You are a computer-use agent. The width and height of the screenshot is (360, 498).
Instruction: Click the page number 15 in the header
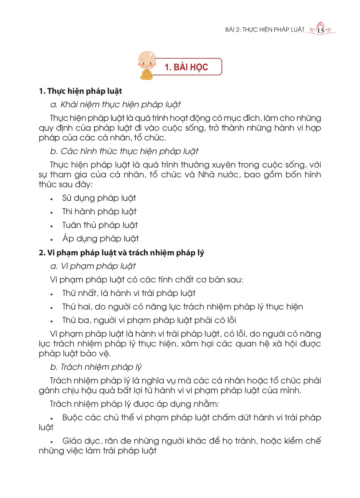[x=321, y=31]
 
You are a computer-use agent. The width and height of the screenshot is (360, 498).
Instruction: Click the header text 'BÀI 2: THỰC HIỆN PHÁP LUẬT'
[x=264, y=30]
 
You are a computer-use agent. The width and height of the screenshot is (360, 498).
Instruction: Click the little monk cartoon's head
[x=147, y=60]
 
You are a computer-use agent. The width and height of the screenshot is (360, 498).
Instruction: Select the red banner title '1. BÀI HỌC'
[x=186, y=67]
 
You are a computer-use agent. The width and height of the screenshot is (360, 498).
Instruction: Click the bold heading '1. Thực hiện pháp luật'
[x=80, y=91]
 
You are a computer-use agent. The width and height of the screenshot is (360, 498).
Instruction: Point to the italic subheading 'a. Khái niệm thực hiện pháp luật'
[x=116, y=104]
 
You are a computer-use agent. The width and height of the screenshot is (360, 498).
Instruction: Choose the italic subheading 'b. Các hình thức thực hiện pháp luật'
[x=124, y=151]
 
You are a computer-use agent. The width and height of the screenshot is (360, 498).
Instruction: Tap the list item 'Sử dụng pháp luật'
[x=99, y=198]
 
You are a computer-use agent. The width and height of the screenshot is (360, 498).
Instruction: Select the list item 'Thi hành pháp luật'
[x=99, y=212]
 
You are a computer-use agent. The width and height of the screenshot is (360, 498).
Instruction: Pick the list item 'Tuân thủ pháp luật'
[x=100, y=225]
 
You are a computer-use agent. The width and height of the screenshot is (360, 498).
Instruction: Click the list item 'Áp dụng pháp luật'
[x=101, y=239]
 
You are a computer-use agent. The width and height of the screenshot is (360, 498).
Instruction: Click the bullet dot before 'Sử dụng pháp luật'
[x=51, y=199]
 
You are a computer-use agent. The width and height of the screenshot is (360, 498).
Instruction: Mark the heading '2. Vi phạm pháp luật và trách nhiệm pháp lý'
[x=121, y=253]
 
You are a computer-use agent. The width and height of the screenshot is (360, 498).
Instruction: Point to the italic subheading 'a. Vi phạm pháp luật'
[x=93, y=266]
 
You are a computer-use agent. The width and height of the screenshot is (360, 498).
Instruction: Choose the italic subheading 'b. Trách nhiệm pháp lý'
[x=96, y=367]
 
